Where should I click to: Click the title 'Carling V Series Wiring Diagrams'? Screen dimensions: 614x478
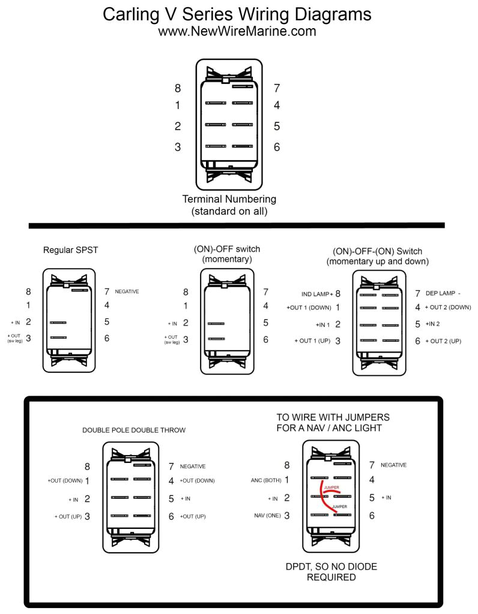[x=237, y=14]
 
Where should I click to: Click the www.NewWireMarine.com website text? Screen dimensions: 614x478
[x=237, y=31]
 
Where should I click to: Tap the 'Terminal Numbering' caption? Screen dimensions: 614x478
[x=229, y=199]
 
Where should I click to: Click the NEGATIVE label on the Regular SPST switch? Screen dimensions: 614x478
[x=127, y=291]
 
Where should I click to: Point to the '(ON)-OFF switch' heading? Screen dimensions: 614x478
[x=227, y=249]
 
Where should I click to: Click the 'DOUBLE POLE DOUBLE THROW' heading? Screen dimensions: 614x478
[x=134, y=430]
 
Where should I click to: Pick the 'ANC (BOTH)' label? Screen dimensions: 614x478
[x=265, y=480]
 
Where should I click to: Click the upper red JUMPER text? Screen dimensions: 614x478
[x=331, y=488]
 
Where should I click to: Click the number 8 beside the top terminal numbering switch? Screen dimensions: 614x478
[x=178, y=89]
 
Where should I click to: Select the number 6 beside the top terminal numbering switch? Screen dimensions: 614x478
[x=277, y=147]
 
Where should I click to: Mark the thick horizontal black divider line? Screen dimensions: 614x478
[x=237, y=225]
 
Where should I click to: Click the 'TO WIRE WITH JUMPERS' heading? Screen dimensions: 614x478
[x=333, y=417]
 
